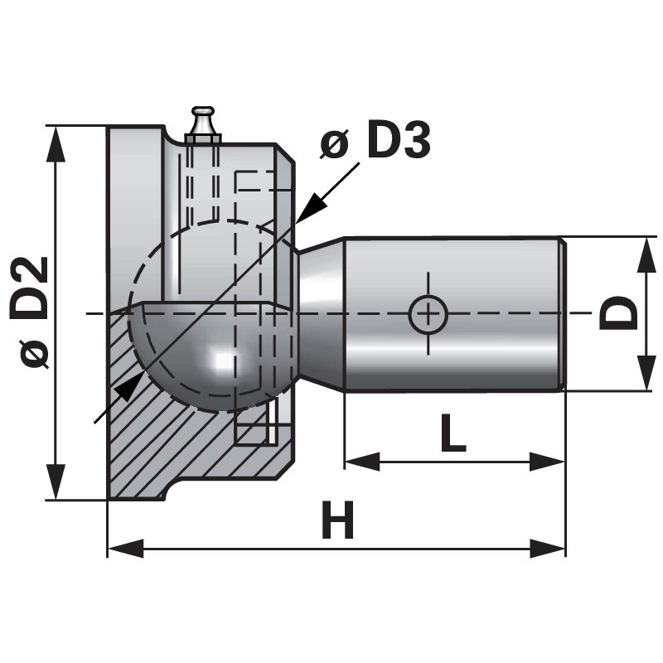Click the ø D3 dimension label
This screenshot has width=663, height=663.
click(375, 143)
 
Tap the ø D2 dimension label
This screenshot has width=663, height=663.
click(35, 312)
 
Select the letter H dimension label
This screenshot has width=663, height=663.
click(337, 521)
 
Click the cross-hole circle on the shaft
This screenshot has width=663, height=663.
click(428, 314)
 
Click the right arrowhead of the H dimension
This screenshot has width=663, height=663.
click(551, 548)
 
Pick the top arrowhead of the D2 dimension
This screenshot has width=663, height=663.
click(56, 141)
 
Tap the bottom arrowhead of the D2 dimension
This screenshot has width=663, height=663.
click(56, 484)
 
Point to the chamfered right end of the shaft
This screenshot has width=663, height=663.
click(562, 313)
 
